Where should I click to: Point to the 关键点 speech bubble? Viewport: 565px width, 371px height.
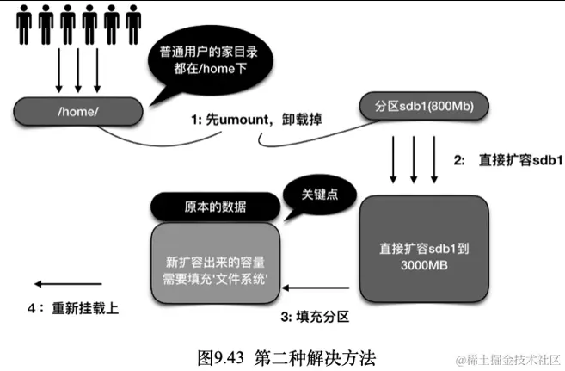click(x=319, y=195)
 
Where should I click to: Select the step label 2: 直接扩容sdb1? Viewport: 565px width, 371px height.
click(x=507, y=160)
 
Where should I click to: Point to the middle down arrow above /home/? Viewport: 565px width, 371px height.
click(x=78, y=74)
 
